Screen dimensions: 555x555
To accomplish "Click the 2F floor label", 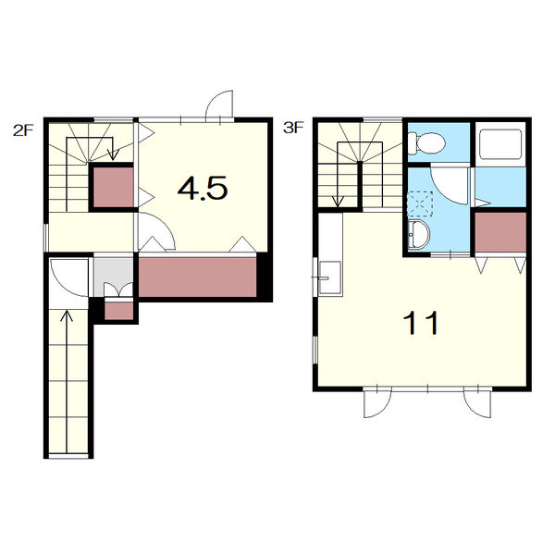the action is click(23, 130).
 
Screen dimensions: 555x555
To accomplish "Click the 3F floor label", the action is click(293, 128).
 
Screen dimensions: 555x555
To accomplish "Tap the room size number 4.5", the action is click(203, 188).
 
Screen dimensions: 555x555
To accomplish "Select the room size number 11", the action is click(421, 322).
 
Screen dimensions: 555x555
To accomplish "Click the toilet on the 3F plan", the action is click(425, 143).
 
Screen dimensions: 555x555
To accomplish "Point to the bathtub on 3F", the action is click(500, 144).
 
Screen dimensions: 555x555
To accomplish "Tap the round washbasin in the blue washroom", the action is click(418, 234).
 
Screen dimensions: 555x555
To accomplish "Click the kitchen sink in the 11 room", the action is click(330, 277).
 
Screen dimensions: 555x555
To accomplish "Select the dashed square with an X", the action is click(420, 204).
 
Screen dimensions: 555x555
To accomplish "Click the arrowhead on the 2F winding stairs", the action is click(113, 154).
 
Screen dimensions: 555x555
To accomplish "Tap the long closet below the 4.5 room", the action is click(197, 277).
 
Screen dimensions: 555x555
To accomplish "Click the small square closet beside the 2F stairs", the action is click(114, 188).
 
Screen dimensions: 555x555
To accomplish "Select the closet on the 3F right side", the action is click(500, 232).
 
